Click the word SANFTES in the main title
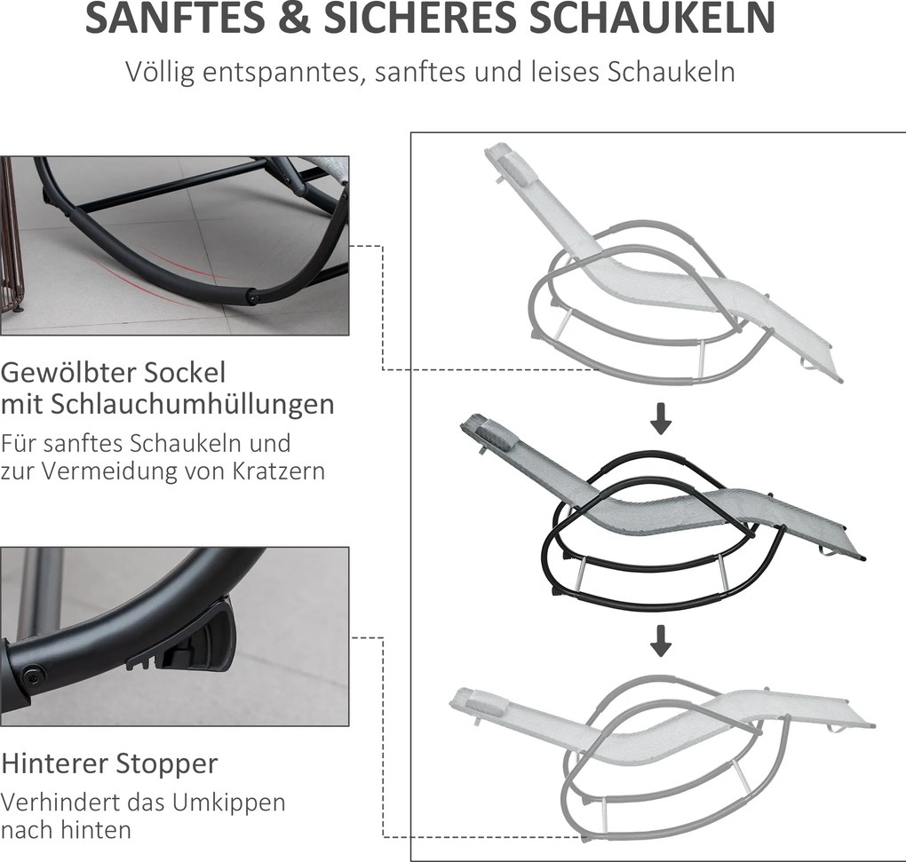click(176, 18)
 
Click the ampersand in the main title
click(293, 18)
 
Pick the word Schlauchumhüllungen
click(193, 404)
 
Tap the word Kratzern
click(279, 471)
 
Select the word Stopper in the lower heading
click(164, 764)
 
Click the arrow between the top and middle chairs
click(661, 419)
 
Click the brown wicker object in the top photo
click(9, 237)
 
